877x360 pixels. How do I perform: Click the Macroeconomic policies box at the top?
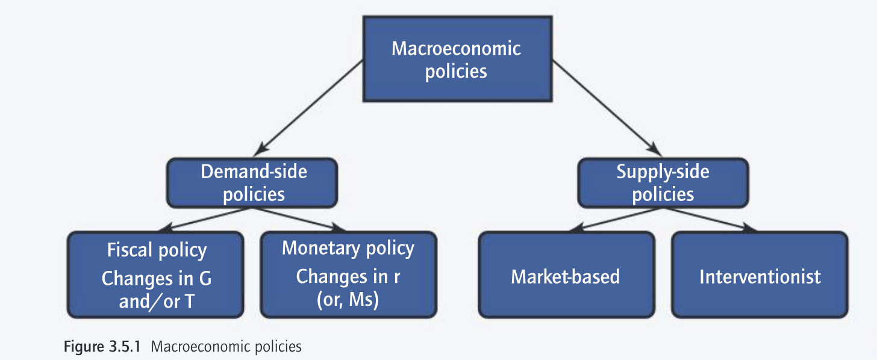(x=456, y=58)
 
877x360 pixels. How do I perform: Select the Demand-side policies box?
(x=252, y=182)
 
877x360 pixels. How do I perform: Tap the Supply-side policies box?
(x=663, y=182)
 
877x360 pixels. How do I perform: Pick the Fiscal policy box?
(x=156, y=275)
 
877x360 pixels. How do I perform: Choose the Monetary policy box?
(x=348, y=275)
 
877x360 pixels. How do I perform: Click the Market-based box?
(x=566, y=275)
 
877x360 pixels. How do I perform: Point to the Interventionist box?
(x=760, y=275)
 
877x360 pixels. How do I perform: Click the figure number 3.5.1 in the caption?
(x=122, y=347)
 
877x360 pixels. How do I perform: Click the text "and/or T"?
(x=156, y=301)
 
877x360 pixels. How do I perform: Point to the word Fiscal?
(x=128, y=250)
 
